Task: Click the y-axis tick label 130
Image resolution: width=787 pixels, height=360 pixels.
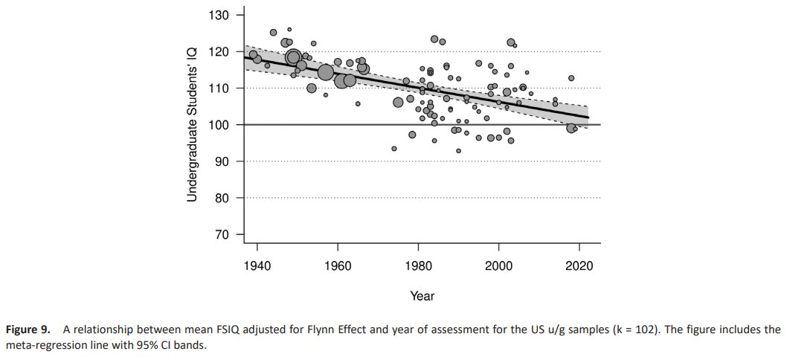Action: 219,16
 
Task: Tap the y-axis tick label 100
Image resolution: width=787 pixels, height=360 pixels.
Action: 219,124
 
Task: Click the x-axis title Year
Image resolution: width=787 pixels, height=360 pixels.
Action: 422,296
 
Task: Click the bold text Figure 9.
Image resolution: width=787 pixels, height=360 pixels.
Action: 28,331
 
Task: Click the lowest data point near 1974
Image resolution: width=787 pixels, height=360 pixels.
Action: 394,149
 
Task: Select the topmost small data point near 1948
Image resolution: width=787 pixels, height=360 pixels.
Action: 289,30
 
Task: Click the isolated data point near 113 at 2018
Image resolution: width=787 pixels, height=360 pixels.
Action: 571,78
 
